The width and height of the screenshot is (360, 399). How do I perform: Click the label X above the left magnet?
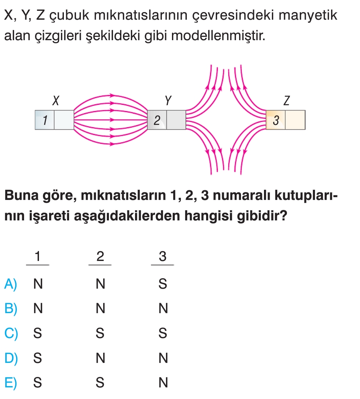click(56, 100)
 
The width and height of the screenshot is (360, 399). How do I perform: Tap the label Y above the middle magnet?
click(168, 100)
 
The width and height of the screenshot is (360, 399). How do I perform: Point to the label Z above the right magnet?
click(286, 100)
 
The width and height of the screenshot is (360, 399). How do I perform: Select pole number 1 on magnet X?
click(45, 120)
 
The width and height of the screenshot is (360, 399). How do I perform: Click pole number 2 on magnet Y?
click(157, 120)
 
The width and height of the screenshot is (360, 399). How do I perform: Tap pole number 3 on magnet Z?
click(276, 120)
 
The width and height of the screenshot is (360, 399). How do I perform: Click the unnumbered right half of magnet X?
click(64, 120)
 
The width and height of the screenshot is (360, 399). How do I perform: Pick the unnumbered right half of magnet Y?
click(176, 120)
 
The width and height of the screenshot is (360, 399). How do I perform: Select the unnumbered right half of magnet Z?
click(295, 120)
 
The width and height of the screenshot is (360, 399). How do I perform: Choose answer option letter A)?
click(11, 284)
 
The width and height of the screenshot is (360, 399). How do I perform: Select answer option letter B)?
click(11, 309)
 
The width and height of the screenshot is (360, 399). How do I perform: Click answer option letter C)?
click(11, 333)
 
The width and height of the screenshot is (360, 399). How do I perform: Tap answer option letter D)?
click(11, 358)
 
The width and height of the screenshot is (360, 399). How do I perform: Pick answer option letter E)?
click(11, 383)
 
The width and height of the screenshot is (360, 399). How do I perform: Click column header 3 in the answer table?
click(163, 256)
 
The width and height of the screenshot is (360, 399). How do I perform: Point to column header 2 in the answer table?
click(100, 256)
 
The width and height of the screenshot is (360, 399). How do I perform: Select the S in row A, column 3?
click(163, 284)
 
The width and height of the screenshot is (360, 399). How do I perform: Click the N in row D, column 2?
click(100, 358)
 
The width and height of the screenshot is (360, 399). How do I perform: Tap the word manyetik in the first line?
click(308, 15)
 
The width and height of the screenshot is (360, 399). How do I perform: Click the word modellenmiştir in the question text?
click(218, 36)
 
